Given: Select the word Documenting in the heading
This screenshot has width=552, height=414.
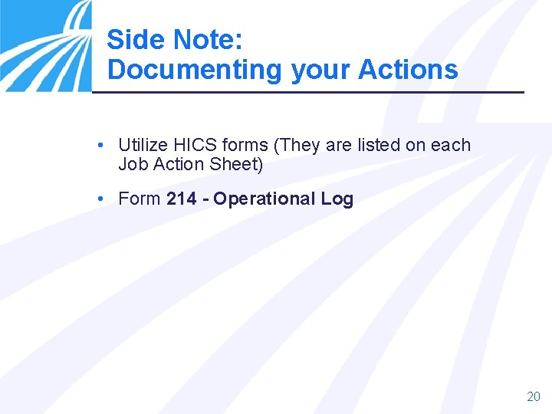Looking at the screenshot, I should [x=195, y=70].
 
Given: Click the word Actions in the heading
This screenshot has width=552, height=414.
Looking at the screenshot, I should [x=408, y=70].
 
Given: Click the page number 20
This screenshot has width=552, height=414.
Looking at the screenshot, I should [x=534, y=396].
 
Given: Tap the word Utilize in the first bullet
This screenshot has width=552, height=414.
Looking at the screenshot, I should [x=143, y=145].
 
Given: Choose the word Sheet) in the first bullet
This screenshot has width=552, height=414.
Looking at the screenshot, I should [x=236, y=164].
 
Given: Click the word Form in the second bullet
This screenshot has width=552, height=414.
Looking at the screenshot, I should [x=140, y=199].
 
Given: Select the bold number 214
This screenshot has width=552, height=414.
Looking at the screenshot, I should [x=181, y=199].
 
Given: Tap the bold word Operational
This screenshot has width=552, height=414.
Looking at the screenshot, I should [x=264, y=199].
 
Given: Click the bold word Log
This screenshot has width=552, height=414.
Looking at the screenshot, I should [x=337, y=199].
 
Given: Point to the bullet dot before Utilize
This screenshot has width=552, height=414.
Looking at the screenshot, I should [x=101, y=145].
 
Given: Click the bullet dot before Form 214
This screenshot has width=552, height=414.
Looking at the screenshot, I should [x=101, y=199].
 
